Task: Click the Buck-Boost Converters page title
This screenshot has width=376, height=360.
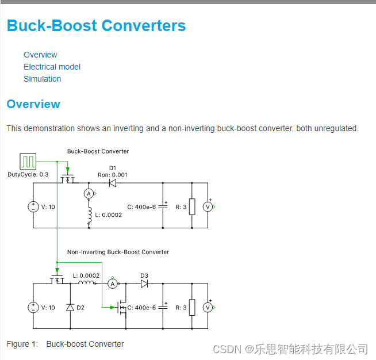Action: (96, 26)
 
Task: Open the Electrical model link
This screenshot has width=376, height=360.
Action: (52, 67)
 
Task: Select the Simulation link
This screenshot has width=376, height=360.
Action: (42, 79)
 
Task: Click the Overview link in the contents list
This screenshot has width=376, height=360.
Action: (40, 55)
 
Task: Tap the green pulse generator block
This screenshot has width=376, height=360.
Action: (28, 162)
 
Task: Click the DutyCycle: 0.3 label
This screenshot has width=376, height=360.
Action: (28, 174)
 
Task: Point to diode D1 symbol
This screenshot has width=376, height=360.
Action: (112, 183)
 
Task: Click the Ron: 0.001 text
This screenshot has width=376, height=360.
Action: (113, 175)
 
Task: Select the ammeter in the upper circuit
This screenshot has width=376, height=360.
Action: (89, 194)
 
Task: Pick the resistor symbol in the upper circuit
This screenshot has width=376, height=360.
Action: (192, 206)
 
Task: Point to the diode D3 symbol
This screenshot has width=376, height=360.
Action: (144, 284)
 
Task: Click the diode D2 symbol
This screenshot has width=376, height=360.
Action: (70, 308)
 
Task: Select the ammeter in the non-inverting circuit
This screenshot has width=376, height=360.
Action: (113, 284)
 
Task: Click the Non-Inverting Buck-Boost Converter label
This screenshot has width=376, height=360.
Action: (118, 252)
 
